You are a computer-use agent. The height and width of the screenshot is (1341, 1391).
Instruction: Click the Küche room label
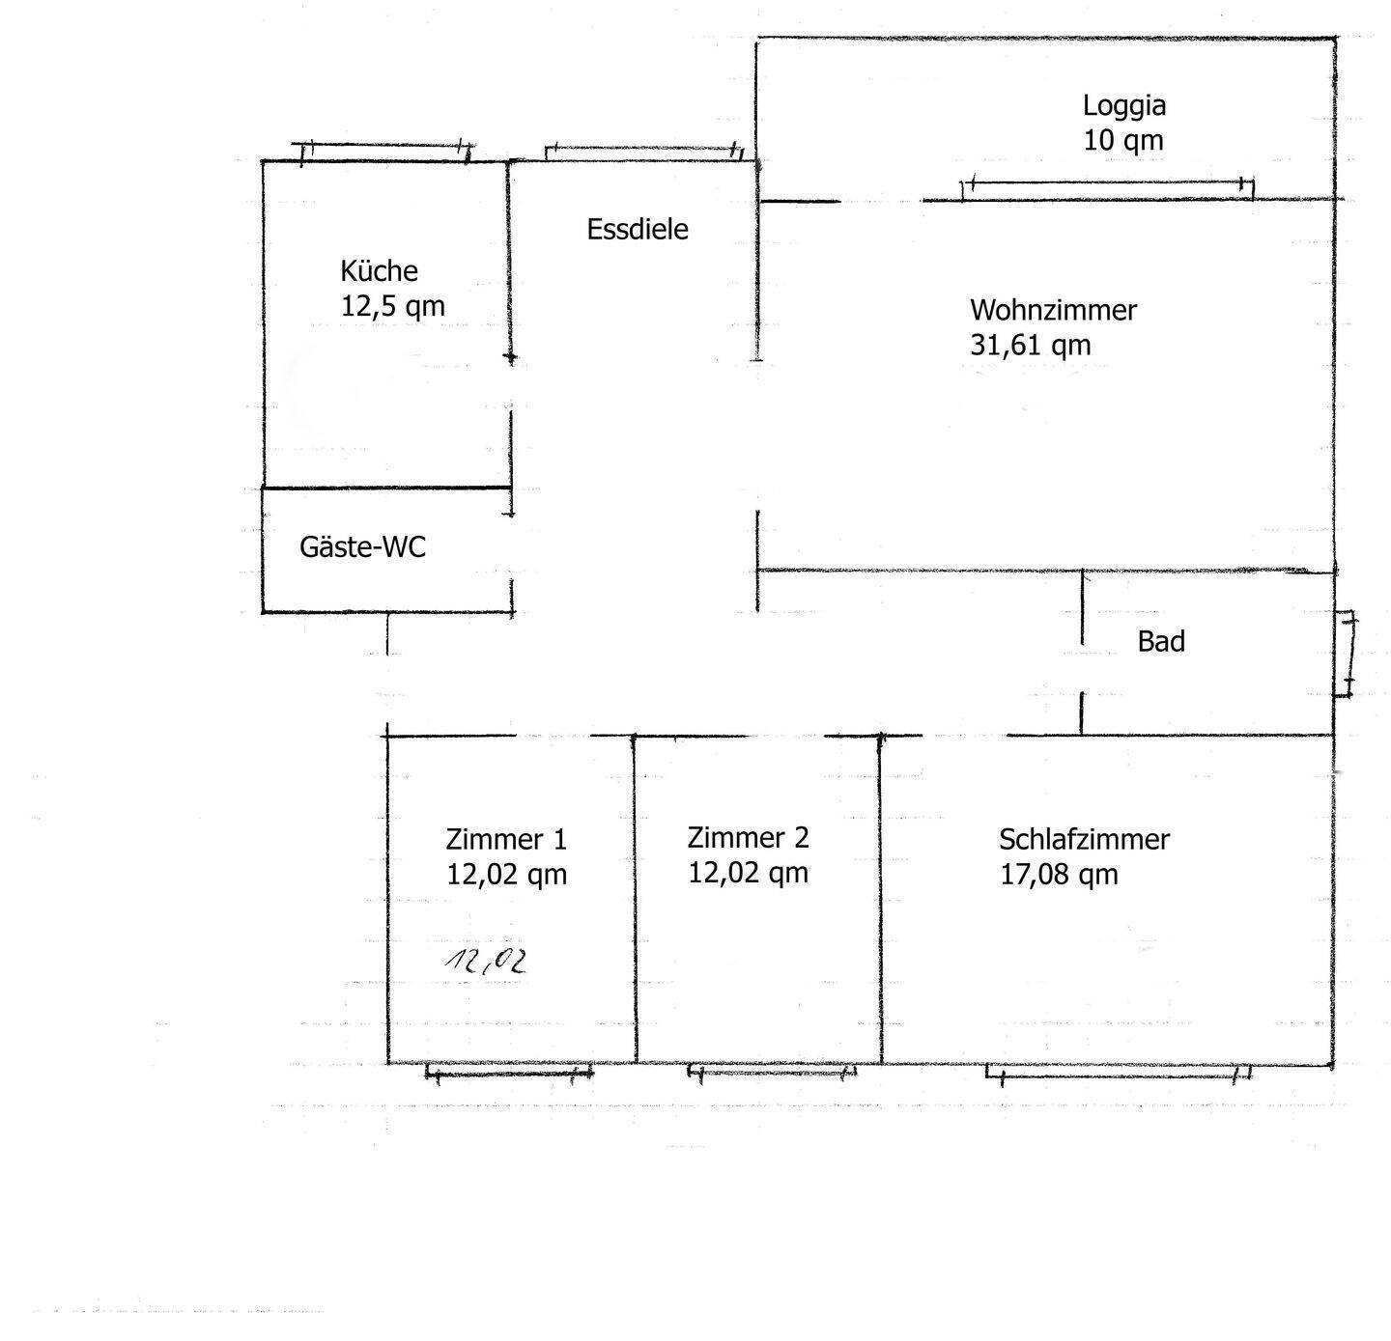click(379, 270)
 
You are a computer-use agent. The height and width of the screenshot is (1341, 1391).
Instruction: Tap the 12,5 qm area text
click(392, 306)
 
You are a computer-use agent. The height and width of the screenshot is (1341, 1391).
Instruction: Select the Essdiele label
click(638, 230)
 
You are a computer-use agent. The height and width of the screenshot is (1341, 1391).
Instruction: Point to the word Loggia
click(1123, 106)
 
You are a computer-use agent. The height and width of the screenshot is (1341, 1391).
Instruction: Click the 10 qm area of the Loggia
click(1123, 140)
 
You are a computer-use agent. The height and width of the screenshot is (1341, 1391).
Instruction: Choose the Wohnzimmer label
click(1053, 310)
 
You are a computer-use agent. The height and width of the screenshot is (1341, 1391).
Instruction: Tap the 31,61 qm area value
click(1030, 345)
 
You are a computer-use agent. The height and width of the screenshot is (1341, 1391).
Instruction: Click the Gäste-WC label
click(362, 547)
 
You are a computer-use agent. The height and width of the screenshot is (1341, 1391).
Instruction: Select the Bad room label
click(1161, 642)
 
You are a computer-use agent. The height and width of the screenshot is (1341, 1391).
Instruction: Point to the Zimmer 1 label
click(506, 840)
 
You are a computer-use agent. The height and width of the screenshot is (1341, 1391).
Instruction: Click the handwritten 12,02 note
click(486, 963)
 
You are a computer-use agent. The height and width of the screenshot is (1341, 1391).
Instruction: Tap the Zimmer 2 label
click(748, 837)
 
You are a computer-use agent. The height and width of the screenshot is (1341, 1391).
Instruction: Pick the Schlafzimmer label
click(1084, 840)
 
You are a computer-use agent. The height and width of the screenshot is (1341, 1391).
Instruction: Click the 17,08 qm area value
click(1059, 875)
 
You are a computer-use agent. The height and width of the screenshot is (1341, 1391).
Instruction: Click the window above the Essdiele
click(644, 153)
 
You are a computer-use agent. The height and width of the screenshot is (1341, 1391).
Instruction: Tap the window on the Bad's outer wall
click(1345, 653)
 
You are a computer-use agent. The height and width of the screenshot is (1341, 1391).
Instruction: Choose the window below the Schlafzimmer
click(1119, 1072)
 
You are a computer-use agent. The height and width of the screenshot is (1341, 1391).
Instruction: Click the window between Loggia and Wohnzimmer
click(1106, 189)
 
